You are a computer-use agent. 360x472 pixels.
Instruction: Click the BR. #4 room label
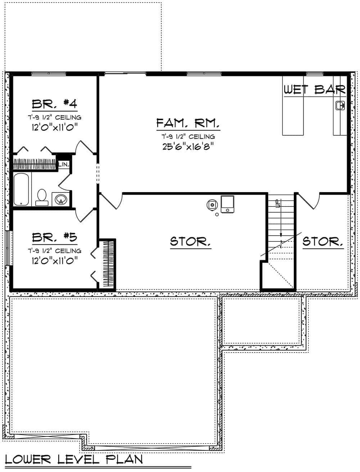click(x=54, y=104)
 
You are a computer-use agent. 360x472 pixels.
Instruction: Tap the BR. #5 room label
click(x=54, y=237)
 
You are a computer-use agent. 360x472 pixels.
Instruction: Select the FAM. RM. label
click(x=188, y=123)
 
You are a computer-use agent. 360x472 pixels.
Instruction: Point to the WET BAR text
click(x=315, y=90)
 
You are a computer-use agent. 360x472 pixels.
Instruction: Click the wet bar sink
click(x=339, y=105)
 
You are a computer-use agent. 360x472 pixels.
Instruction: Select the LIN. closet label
click(x=64, y=164)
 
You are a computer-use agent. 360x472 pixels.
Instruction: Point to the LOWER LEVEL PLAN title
click(x=73, y=459)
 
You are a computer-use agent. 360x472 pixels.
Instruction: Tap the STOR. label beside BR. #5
click(x=190, y=241)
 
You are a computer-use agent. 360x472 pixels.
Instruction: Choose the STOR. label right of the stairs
click(x=323, y=241)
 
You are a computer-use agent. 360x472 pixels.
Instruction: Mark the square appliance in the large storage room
click(x=228, y=204)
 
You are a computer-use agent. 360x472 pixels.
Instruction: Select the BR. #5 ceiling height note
click(x=54, y=251)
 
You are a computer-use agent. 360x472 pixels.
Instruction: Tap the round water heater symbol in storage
click(x=212, y=205)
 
